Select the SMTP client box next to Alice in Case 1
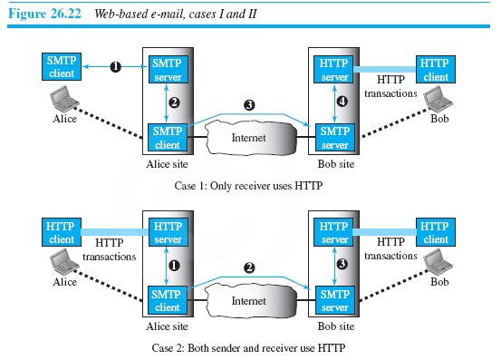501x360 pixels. (x=62, y=66)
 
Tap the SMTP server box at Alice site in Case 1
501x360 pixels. (x=169, y=68)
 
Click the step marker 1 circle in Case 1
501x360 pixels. (x=116, y=65)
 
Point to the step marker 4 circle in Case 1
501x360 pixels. (x=342, y=102)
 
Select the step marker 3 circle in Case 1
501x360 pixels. (x=248, y=106)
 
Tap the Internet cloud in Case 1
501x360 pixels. (x=249, y=140)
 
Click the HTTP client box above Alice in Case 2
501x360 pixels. (x=62, y=232)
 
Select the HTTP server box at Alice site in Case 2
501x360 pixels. (x=169, y=232)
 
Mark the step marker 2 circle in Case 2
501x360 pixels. (x=248, y=269)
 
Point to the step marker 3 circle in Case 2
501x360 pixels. (x=342, y=265)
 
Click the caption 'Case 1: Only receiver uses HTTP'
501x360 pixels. (x=249, y=184)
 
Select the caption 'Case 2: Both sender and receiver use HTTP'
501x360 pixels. (x=249, y=348)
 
